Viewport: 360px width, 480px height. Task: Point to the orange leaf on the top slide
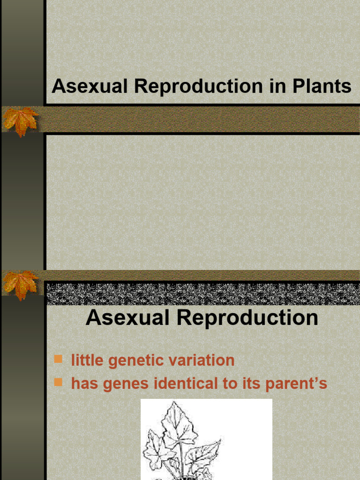click(20, 121)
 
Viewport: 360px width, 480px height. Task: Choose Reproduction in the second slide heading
click(249, 318)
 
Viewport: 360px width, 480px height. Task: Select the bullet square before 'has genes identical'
click(59, 383)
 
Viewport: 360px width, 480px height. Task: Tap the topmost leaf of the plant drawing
click(175, 420)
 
